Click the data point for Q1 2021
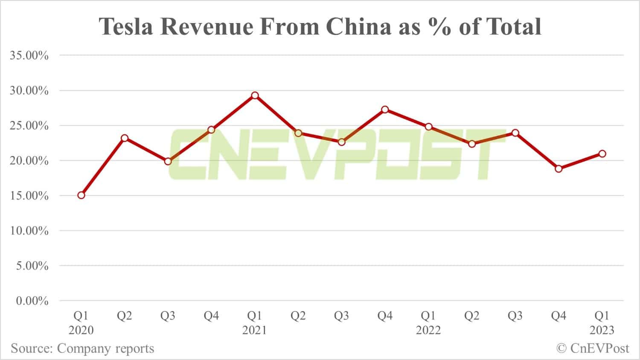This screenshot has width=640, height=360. [255, 96]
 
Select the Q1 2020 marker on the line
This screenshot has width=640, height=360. [81, 195]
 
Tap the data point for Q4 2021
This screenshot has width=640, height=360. [385, 110]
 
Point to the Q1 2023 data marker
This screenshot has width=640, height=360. [602, 154]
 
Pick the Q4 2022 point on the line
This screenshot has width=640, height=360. [559, 169]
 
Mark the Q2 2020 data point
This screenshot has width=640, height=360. [125, 138]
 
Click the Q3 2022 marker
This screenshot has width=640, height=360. [515, 133]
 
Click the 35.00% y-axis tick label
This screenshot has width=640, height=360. [29, 55]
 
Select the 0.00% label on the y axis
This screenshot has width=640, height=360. [32, 301]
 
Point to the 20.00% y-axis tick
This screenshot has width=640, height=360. [29, 161]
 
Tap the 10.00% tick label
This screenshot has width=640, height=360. [29, 231]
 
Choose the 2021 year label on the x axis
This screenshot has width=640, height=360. [255, 330]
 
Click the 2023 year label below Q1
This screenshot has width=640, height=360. [602, 330]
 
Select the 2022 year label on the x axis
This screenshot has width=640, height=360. [428, 330]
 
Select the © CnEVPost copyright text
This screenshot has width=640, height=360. [593, 348]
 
